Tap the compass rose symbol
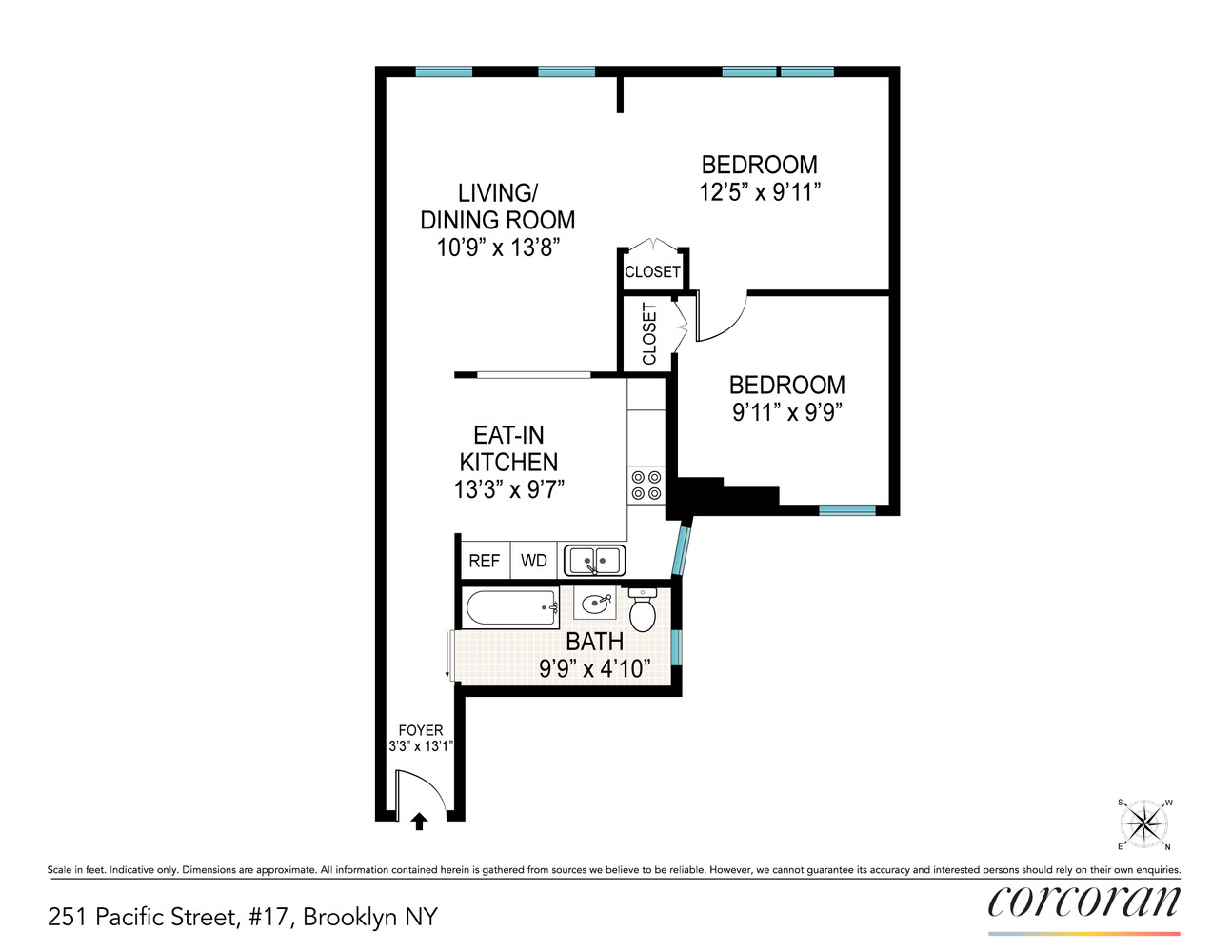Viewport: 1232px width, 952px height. (1144, 823)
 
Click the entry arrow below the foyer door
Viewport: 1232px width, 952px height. (418, 821)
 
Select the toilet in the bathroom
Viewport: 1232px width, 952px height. (643, 609)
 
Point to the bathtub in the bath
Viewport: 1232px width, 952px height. (510, 607)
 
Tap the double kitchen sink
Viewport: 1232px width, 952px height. (594, 560)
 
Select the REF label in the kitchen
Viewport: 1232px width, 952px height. (484, 561)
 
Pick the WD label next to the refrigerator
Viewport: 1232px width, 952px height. (533, 561)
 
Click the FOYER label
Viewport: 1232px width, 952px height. (420, 730)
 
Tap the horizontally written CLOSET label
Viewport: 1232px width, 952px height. (652, 271)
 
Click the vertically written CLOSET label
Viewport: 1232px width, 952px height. (649, 333)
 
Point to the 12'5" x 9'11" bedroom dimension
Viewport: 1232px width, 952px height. (759, 192)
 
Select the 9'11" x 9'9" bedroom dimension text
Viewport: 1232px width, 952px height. (786, 412)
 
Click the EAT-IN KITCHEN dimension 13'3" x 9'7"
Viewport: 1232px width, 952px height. (508, 489)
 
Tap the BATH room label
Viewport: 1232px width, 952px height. (594, 642)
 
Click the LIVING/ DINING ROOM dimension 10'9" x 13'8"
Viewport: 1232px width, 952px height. (497, 248)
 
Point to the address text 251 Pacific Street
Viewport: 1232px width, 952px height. (242, 917)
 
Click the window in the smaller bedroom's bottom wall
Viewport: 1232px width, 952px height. (846, 510)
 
